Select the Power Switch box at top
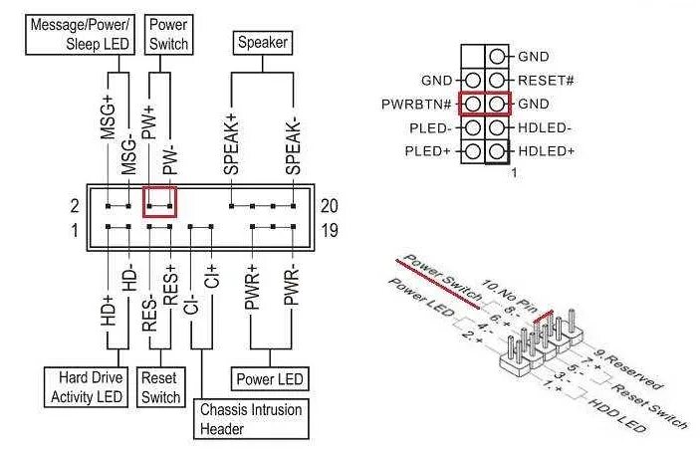(x=167, y=35)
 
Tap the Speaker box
(x=261, y=43)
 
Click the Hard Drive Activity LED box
(x=85, y=387)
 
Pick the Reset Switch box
(x=160, y=387)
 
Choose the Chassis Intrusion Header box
(x=250, y=418)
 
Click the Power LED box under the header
(x=270, y=379)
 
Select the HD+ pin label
(x=108, y=306)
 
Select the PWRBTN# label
(x=418, y=104)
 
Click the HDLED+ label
(x=546, y=151)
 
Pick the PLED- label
(x=429, y=127)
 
